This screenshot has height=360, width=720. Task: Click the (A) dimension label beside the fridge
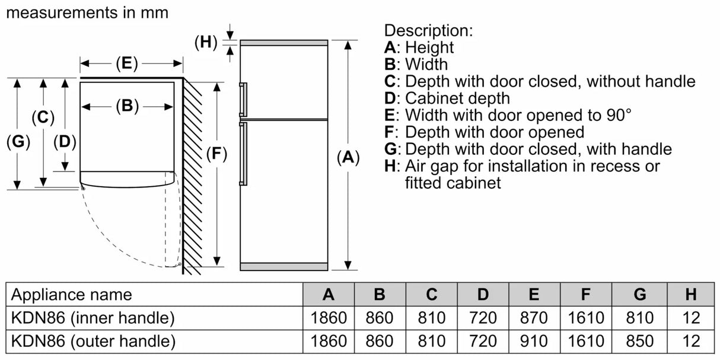coord(348,157)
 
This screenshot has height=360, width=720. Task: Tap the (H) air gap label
coord(206,42)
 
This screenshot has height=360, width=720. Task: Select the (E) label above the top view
coord(126,63)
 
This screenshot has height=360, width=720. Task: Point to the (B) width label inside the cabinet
coord(126,106)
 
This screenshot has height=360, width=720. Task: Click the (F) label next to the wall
coord(216,155)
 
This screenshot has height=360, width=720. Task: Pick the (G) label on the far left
coord(18,142)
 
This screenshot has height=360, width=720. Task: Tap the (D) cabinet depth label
coord(65,142)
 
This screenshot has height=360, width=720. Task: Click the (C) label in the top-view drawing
coord(42,117)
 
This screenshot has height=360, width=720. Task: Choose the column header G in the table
coord(640,294)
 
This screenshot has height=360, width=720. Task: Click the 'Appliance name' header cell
coord(72,294)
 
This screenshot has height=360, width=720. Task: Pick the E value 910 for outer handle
coord(534,341)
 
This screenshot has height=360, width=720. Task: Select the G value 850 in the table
coord(640,341)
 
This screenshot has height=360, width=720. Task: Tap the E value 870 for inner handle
coord(534,318)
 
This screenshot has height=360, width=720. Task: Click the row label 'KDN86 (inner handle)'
coord(93,318)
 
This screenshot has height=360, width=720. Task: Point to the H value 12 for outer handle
coord(691,341)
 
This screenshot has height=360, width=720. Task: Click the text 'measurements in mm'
coord(87,12)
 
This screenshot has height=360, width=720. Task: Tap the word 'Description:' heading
coord(428,30)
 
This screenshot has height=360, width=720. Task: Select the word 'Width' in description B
coord(426,64)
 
